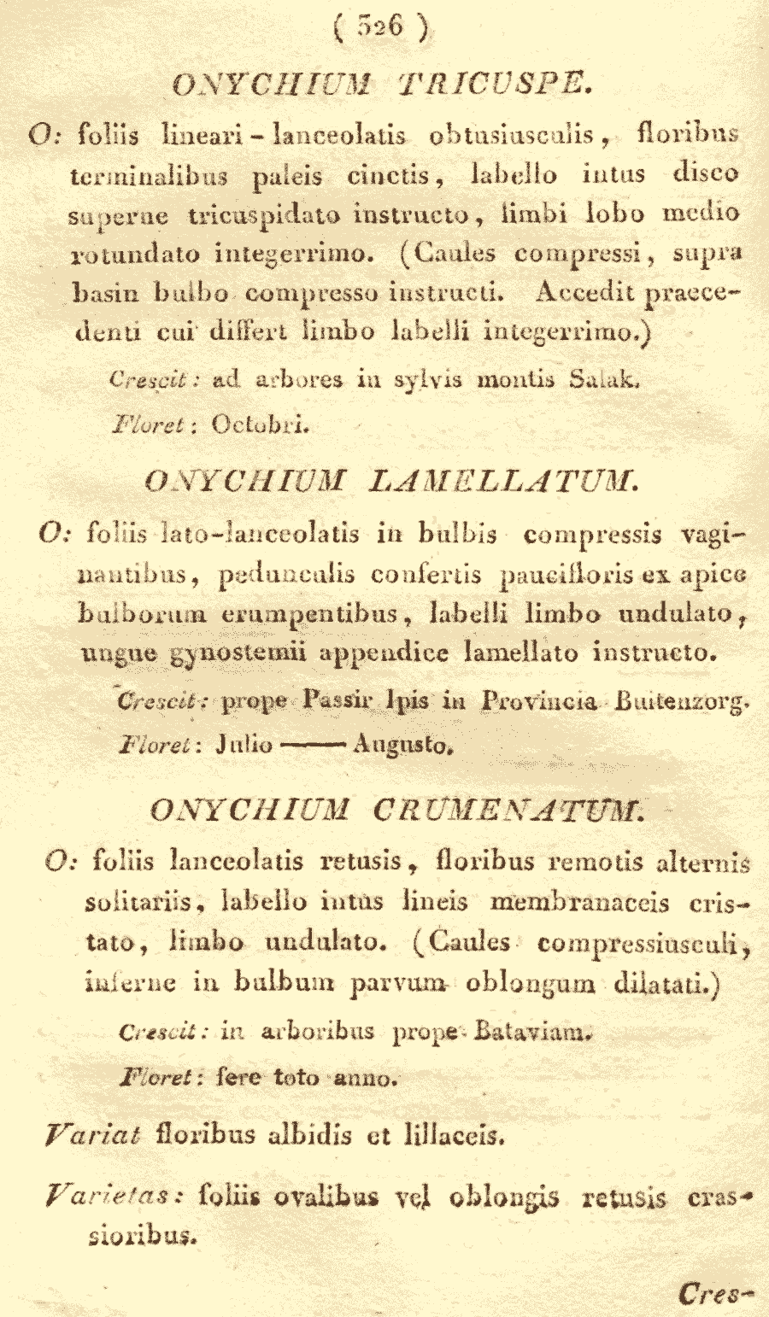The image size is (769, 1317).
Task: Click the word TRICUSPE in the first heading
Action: click(495, 84)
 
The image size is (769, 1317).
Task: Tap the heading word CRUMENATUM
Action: click(509, 809)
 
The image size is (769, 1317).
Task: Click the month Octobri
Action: click(260, 423)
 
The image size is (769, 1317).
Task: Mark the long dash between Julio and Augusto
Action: click(312, 745)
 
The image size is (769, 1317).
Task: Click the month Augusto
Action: click(402, 745)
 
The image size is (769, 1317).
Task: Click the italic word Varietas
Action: click(114, 1196)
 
